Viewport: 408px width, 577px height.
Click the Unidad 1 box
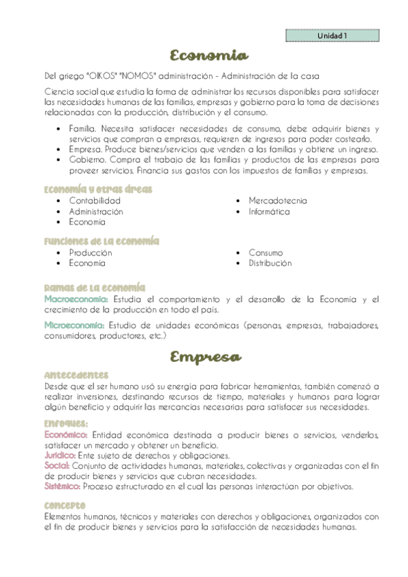tap(332, 35)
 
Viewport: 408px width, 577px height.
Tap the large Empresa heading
tap(204, 357)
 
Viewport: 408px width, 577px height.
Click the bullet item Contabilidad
tap(95, 201)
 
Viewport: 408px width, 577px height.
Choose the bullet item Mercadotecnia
tap(277, 201)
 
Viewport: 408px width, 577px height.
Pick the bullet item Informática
tap(269, 212)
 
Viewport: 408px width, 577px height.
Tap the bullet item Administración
tap(96, 212)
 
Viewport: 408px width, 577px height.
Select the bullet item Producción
tap(91, 252)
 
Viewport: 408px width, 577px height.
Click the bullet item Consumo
tap(266, 252)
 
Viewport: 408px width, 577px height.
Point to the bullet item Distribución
tap(270, 263)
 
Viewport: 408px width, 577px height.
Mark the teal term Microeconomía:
tap(74, 325)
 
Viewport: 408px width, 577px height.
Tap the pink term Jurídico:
tap(60, 455)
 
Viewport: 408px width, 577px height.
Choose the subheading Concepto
tap(65, 505)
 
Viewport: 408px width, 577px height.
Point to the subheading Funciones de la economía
tap(101, 241)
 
